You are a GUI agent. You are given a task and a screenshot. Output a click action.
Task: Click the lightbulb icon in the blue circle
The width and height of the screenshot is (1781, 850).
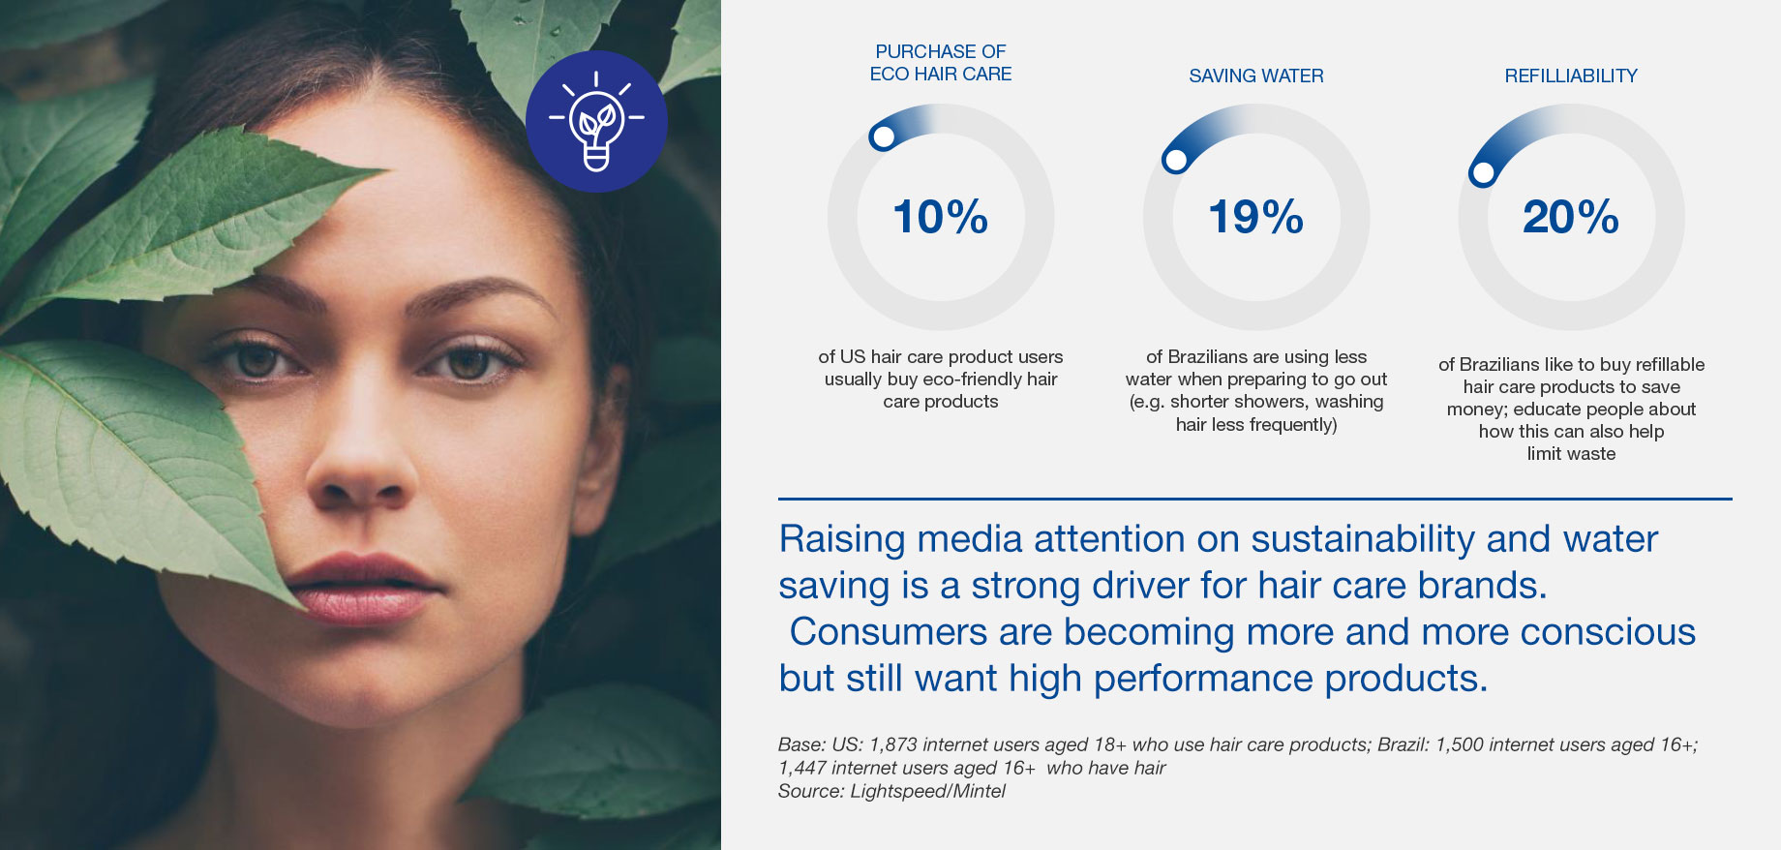pos(596,122)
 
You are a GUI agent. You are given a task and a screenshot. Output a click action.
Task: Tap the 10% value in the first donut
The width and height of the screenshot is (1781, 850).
pos(940,217)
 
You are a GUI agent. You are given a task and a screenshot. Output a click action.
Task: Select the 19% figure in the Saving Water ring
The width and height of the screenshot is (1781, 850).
pos(1255,217)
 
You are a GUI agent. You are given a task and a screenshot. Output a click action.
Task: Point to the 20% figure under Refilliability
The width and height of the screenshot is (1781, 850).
pos(1571,217)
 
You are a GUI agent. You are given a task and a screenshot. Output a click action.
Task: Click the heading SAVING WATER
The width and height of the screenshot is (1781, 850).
pos(1256,76)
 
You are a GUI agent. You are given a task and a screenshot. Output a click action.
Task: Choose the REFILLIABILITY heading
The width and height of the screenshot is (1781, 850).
pos(1571,76)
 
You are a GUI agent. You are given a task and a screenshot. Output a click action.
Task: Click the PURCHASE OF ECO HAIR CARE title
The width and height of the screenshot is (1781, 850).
pos(941,62)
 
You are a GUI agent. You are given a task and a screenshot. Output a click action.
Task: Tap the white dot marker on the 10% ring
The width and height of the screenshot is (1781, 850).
pos(883,137)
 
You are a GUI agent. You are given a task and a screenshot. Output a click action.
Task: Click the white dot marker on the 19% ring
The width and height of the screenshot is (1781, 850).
pos(1176,160)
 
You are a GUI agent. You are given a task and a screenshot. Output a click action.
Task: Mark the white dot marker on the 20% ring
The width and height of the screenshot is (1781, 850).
pos(1483,173)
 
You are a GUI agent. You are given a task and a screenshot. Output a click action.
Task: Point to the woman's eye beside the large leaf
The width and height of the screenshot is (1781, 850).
pos(255,361)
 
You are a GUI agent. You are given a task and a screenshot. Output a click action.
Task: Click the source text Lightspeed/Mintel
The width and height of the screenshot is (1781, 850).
pos(927,791)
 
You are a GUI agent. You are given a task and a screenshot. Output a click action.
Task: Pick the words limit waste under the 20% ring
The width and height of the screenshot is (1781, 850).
pos(1571,453)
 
